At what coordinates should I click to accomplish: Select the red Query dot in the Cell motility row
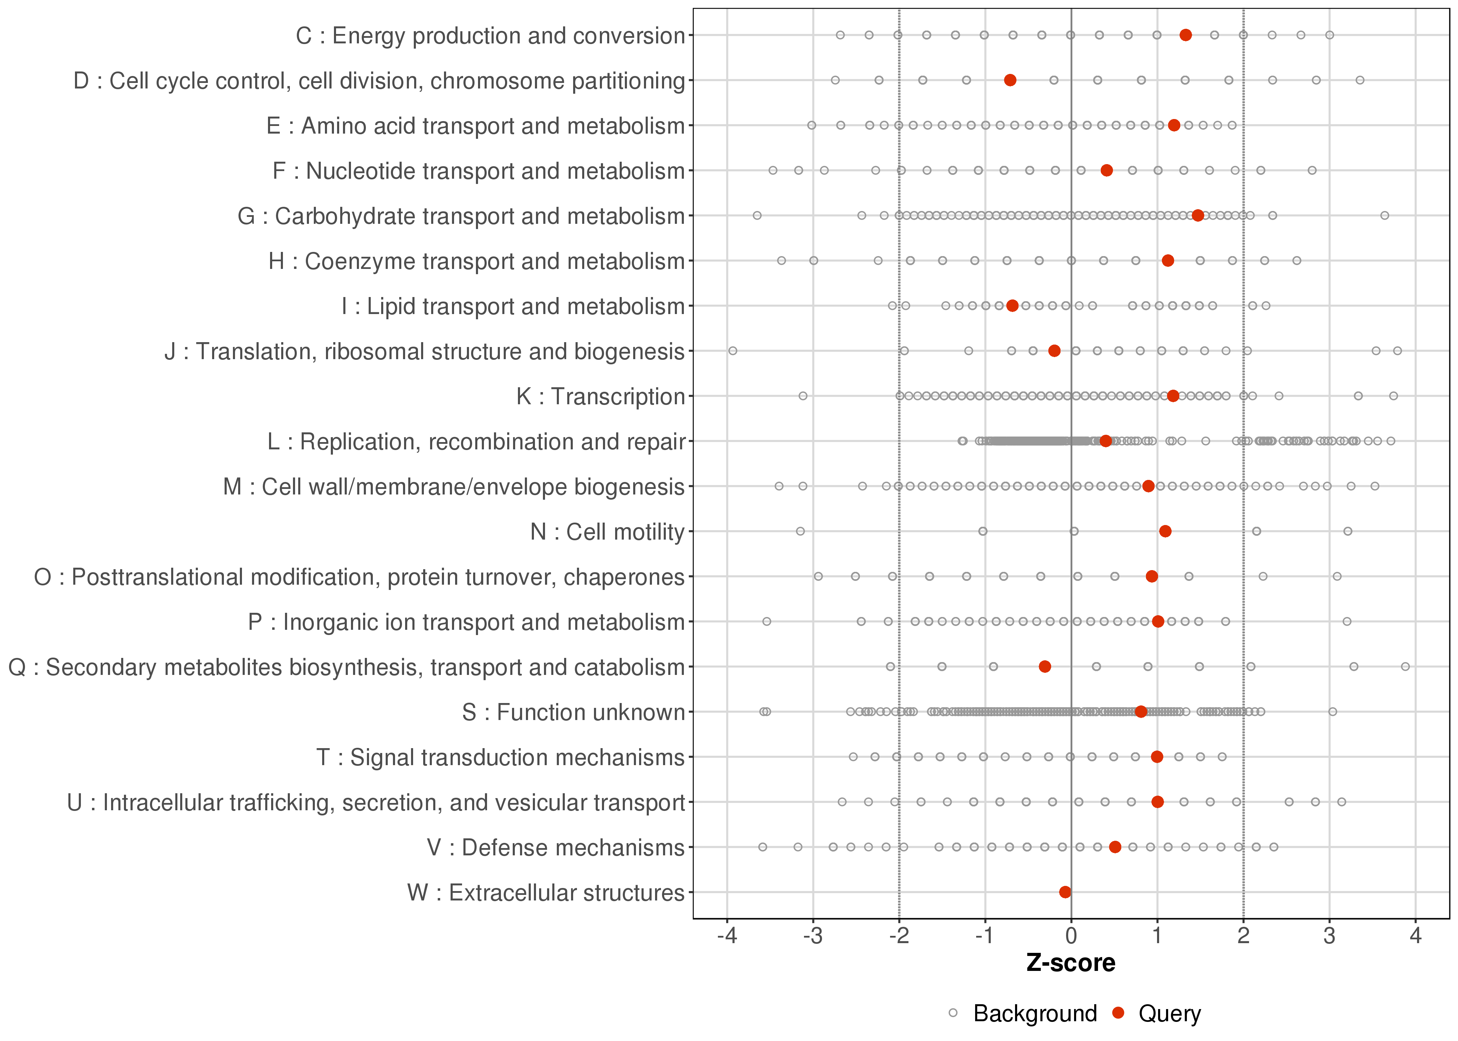tap(1165, 531)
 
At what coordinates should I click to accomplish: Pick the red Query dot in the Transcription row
tap(1173, 396)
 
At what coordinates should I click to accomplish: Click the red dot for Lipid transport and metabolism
tap(1012, 306)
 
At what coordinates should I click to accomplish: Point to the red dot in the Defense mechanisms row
tap(1115, 847)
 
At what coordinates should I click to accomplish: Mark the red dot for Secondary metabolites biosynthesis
tap(1045, 667)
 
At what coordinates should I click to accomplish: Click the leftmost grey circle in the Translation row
tap(733, 350)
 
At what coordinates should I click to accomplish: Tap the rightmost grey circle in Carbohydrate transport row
tap(1384, 215)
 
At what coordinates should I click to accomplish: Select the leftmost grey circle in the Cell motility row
tap(800, 531)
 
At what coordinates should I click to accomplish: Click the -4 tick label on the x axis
tap(727, 937)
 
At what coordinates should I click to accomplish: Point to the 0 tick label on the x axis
tap(1071, 937)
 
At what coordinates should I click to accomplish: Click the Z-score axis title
tap(1071, 963)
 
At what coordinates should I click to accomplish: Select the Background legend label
tap(1035, 1014)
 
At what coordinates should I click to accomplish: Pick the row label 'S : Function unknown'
tap(573, 712)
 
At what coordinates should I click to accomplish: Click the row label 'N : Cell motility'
tap(607, 532)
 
